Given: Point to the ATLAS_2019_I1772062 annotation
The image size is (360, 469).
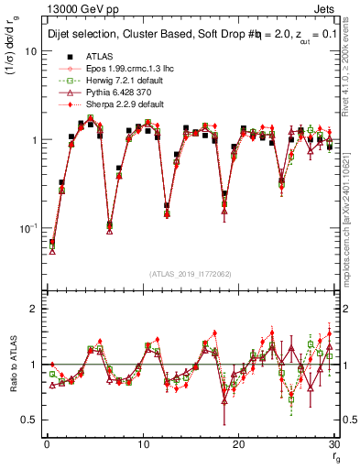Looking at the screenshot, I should coord(190,273).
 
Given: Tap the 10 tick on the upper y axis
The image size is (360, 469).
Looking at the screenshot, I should coord(31,52).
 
